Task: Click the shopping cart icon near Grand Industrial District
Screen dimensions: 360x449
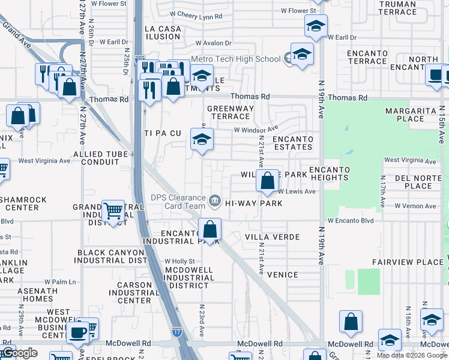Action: click(x=113, y=211)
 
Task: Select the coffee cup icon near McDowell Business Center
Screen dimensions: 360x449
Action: click(x=77, y=332)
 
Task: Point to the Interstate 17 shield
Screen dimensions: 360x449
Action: click(x=176, y=331)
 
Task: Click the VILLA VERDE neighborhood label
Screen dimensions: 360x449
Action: click(x=272, y=237)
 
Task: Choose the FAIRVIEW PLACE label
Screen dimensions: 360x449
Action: click(x=407, y=262)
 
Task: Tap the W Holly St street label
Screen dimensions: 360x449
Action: click(x=180, y=262)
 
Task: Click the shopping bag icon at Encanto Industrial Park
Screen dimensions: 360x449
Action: click(x=209, y=229)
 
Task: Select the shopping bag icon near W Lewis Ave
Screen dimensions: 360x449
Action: click(x=267, y=179)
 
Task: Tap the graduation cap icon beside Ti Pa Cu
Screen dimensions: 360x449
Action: click(x=202, y=140)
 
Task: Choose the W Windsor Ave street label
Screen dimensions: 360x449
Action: click(x=256, y=129)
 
